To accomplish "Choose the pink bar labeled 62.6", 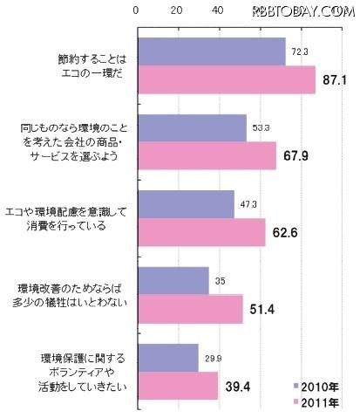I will [201, 232].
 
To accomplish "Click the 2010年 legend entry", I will [315, 385].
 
